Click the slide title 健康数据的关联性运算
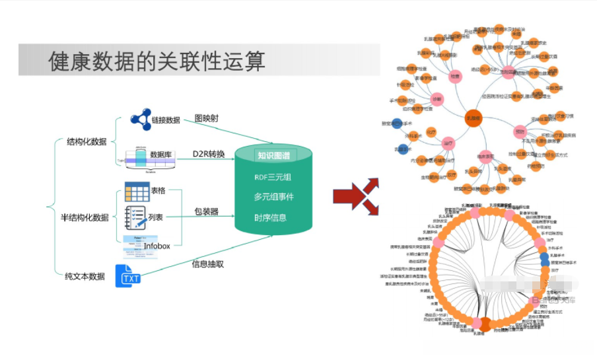[x=157, y=61]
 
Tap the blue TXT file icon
[x=128, y=276]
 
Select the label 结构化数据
[x=87, y=141]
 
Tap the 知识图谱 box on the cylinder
[x=273, y=157]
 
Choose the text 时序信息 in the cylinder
[x=273, y=218]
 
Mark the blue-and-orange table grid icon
[x=137, y=192]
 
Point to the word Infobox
[x=157, y=246]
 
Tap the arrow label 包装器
[x=206, y=212]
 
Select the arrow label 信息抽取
[x=207, y=264]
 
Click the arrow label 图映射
[x=206, y=118]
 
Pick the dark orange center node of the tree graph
[x=474, y=118]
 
